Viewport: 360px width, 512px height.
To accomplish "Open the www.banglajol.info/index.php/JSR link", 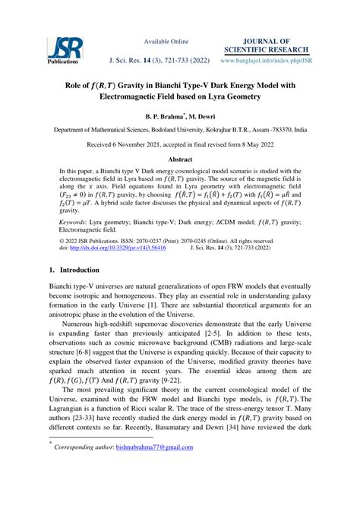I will coord(264,59).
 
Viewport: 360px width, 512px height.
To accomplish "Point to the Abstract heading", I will coord(180,160).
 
